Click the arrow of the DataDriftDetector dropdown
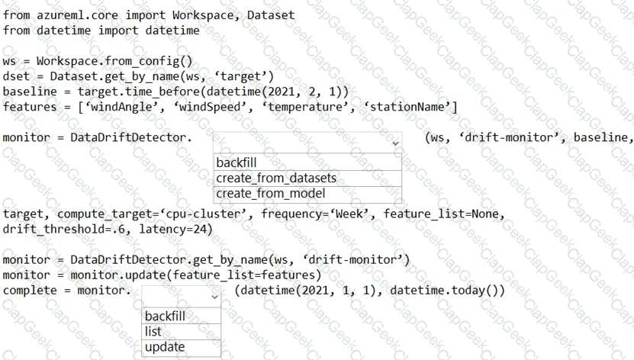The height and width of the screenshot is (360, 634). click(394, 142)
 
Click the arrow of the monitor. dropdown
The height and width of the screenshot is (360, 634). click(214, 295)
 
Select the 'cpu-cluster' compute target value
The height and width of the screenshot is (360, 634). click(208, 214)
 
